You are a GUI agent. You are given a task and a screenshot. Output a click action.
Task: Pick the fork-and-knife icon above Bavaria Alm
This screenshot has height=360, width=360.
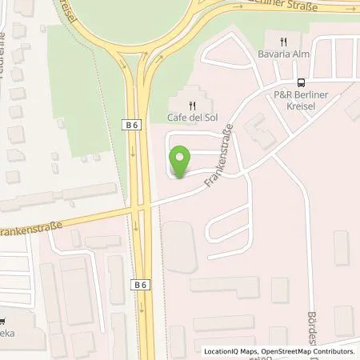click(x=282, y=41)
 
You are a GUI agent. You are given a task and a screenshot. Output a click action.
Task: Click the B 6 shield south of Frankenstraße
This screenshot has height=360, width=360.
click(x=141, y=284)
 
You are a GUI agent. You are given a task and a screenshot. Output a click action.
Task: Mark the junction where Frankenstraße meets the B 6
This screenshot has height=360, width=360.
click(x=143, y=206)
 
